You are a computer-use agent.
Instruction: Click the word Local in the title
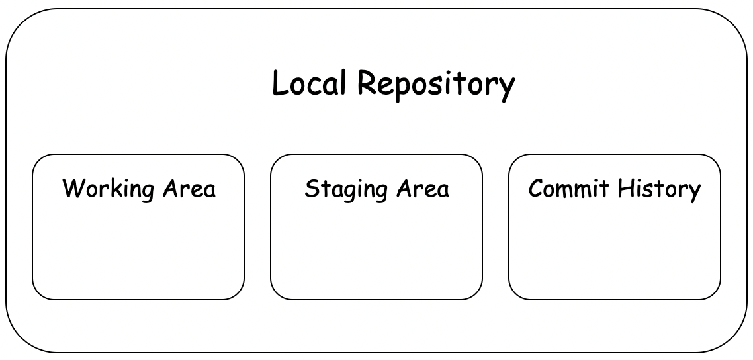point(309,84)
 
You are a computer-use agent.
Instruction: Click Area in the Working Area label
point(189,189)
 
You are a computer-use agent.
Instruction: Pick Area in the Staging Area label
point(423,189)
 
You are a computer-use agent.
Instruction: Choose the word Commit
point(568,189)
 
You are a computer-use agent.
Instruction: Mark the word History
point(658,190)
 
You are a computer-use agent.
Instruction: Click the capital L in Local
point(279,84)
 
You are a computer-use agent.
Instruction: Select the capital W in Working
point(71,189)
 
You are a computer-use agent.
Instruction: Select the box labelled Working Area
point(138,245)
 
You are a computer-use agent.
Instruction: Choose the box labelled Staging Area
point(377,245)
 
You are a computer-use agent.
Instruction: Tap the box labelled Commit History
point(615,245)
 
